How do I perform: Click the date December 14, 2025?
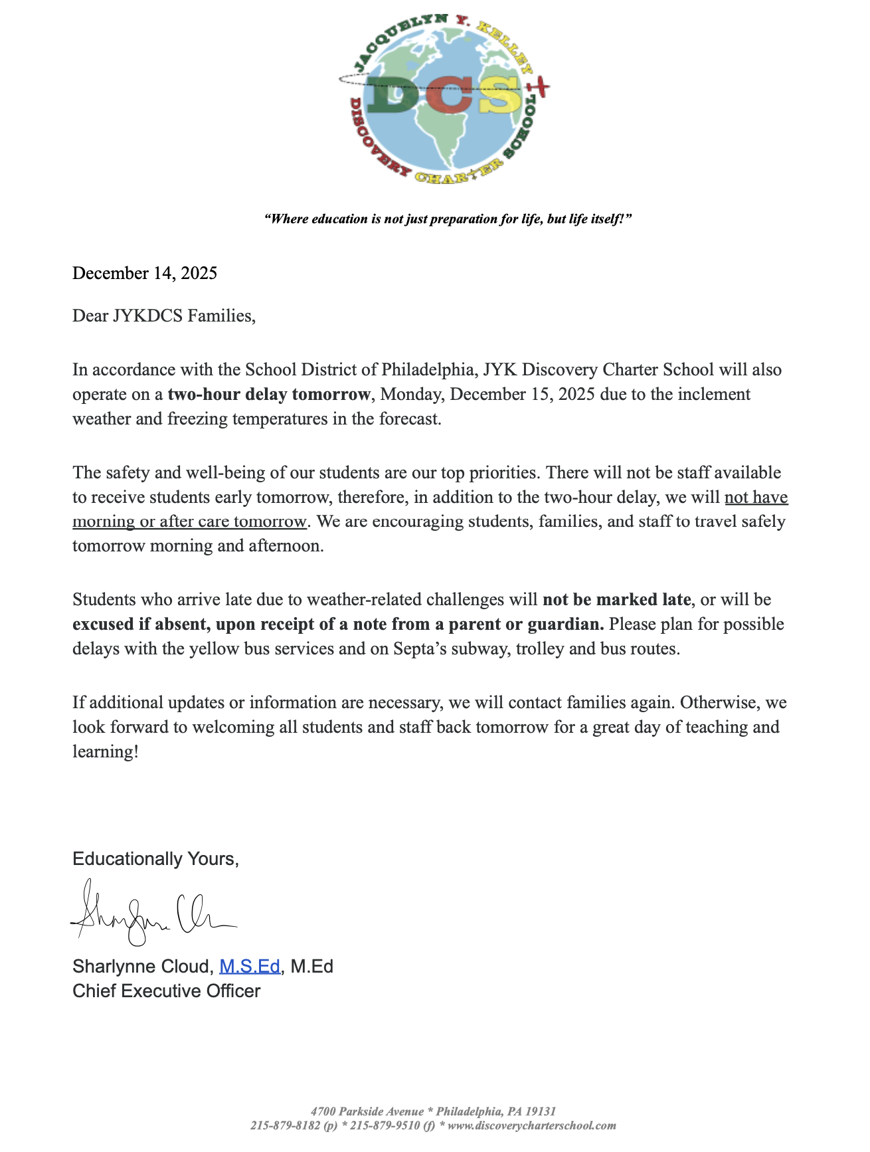pos(145,273)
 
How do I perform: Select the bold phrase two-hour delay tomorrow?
pos(268,394)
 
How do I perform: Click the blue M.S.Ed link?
pos(249,966)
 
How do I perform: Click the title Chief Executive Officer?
pos(166,991)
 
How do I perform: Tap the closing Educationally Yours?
pos(155,859)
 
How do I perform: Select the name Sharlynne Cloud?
pos(142,966)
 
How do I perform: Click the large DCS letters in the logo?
pos(444,94)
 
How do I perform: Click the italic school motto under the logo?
pos(448,219)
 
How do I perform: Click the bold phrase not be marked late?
pos(616,599)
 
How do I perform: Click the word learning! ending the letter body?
pos(106,751)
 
